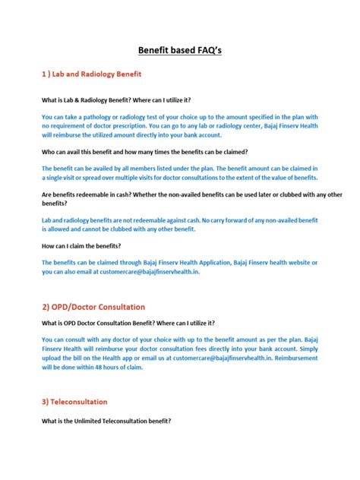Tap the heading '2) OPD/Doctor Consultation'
93,307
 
